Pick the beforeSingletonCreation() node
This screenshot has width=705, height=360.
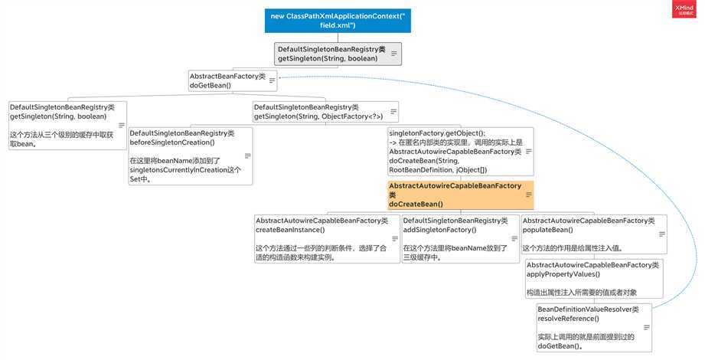(x=190, y=155)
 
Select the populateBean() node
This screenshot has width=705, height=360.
(x=593, y=234)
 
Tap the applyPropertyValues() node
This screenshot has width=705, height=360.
(x=592, y=278)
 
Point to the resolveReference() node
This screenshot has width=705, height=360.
(x=593, y=327)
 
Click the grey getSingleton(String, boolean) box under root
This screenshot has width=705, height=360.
(x=338, y=54)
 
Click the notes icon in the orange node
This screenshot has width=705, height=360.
(x=527, y=195)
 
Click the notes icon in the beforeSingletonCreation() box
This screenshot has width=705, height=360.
(x=246, y=155)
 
